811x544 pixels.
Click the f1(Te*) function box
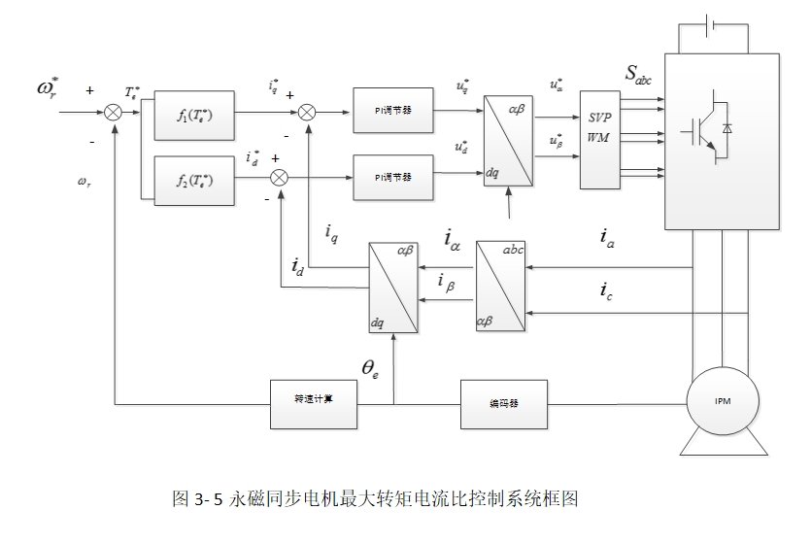[x=195, y=115]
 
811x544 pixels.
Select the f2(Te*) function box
[x=195, y=181]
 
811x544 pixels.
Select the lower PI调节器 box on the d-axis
[x=392, y=177]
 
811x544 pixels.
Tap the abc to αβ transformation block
[x=499, y=286]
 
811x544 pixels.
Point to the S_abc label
[x=639, y=76]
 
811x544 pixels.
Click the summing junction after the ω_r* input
[x=115, y=114]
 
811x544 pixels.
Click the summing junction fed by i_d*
[x=280, y=177]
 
